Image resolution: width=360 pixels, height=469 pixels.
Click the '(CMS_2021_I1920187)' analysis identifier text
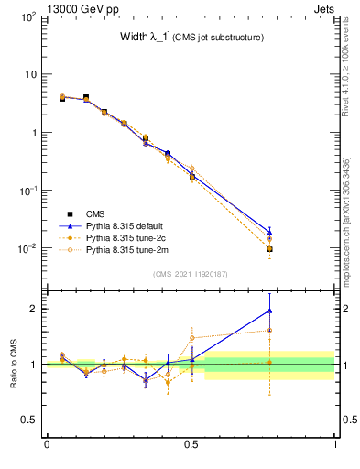pyautogui.click(x=190, y=273)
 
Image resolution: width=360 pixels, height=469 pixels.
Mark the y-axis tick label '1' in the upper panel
pyautogui.click(x=34, y=133)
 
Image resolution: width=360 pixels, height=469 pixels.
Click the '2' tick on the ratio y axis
pyautogui.click(x=35, y=309)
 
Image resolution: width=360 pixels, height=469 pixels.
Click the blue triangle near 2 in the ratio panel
pyautogui.click(x=269, y=311)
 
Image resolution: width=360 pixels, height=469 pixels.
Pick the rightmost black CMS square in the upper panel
pyautogui.click(x=269, y=249)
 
